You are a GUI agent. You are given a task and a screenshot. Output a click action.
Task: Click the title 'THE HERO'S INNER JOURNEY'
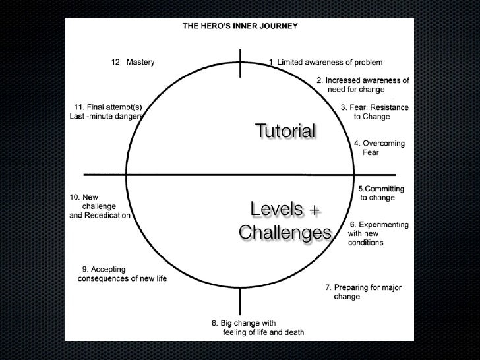click(x=239, y=27)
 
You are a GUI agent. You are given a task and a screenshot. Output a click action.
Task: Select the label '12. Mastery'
click(x=132, y=63)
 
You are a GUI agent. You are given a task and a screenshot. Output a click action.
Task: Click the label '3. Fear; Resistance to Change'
click(x=374, y=112)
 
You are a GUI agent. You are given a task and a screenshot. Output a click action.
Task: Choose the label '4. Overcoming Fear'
click(x=379, y=148)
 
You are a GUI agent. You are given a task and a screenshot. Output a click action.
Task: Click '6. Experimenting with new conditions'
click(x=378, y=233)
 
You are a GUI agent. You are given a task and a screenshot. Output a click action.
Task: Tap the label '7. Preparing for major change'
click(x=363, y=292)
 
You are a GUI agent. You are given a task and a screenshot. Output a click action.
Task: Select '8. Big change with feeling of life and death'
click(x=257, y=328)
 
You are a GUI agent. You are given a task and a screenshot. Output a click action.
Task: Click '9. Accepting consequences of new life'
click(x=123, y=274)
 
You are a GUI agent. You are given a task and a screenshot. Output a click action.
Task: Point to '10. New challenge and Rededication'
click(x=100, y=206)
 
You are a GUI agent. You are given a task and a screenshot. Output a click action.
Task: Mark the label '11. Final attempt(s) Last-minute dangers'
click(x=106, y=112)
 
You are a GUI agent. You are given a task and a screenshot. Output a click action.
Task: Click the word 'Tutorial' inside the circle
click(x=285, y=131)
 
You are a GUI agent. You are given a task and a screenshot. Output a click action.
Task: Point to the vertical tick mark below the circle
click(x=240, y=302)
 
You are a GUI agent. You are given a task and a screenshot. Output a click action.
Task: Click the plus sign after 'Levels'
click(x=314, y=211)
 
